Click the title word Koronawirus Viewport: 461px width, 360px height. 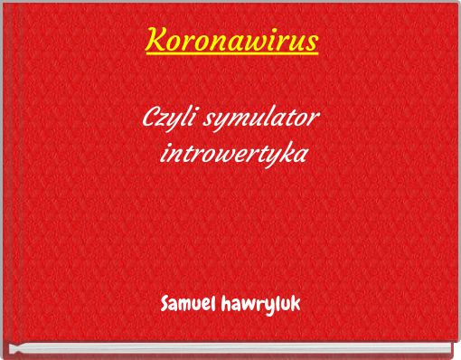230,41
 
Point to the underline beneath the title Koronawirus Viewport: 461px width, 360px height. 230,55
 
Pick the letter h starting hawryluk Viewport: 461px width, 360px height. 223,299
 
